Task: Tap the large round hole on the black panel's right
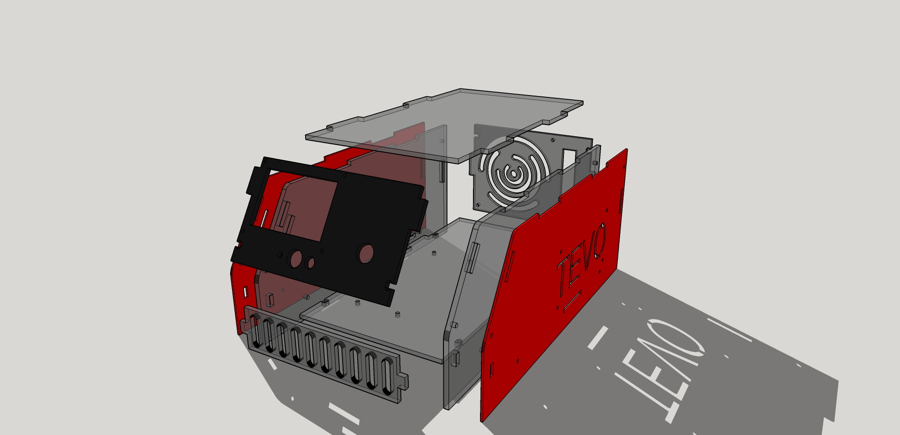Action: (x=365, y=253)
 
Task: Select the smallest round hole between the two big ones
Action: (x=309, y=263)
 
